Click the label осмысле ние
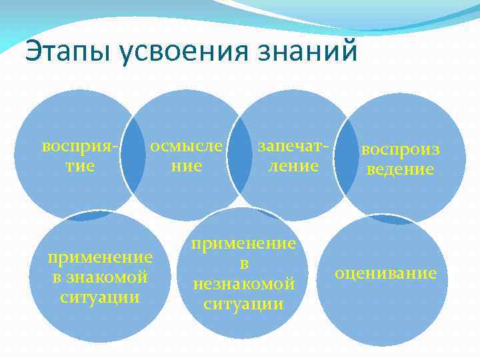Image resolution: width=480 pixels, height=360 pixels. [186, 155]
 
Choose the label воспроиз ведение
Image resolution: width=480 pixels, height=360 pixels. [401, 159]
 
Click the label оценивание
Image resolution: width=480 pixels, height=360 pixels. [386, 273]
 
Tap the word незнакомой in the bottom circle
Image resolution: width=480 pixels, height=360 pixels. [244, 284]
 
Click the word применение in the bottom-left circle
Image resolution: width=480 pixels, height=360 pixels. [100, 257]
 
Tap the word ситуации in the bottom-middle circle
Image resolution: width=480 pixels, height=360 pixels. [244, 304]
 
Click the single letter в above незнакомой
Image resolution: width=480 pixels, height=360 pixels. [244, 264]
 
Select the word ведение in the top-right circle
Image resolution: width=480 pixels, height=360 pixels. [401, 169]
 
